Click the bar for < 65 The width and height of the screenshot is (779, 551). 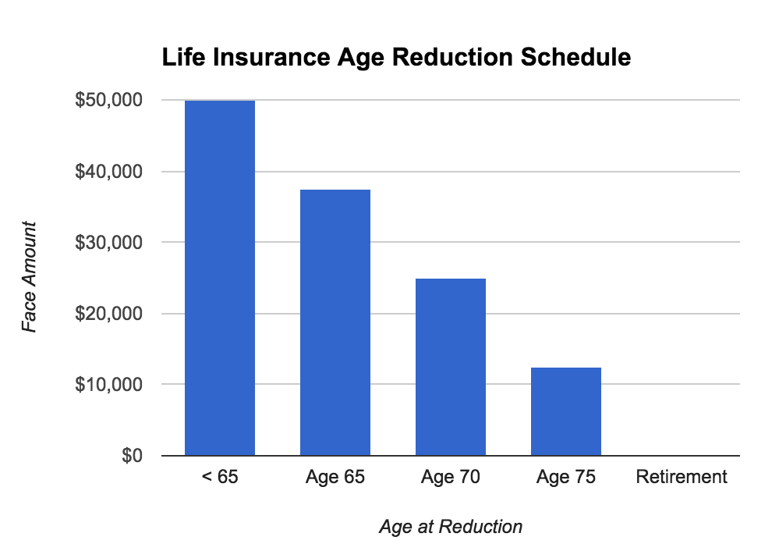coord(219,278)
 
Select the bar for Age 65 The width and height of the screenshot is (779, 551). coord(335,322)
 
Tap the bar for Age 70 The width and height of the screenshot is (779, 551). coord(451,367)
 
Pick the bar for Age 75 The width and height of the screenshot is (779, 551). coord(566,411)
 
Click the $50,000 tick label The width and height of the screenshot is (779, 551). coord(108,101)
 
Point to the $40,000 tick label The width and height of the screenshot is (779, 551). coord(108,172)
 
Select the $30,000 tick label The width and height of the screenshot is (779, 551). coord(108,243)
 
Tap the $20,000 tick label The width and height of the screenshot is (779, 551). coord(108,314)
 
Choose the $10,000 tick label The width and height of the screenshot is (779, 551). coord(108,385)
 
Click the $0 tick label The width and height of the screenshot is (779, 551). coord(131,456)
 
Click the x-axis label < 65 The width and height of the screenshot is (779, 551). coord(219,477)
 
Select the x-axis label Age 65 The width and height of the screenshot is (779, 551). coord(335,477)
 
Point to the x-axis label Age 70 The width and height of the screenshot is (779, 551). coord(451,477)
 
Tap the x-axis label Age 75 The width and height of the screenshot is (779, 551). coord(566,477)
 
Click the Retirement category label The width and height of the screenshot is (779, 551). coord(682,477)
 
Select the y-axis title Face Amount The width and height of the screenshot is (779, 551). coord(30,277)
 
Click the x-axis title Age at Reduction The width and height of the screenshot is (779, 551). coord(451,527)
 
